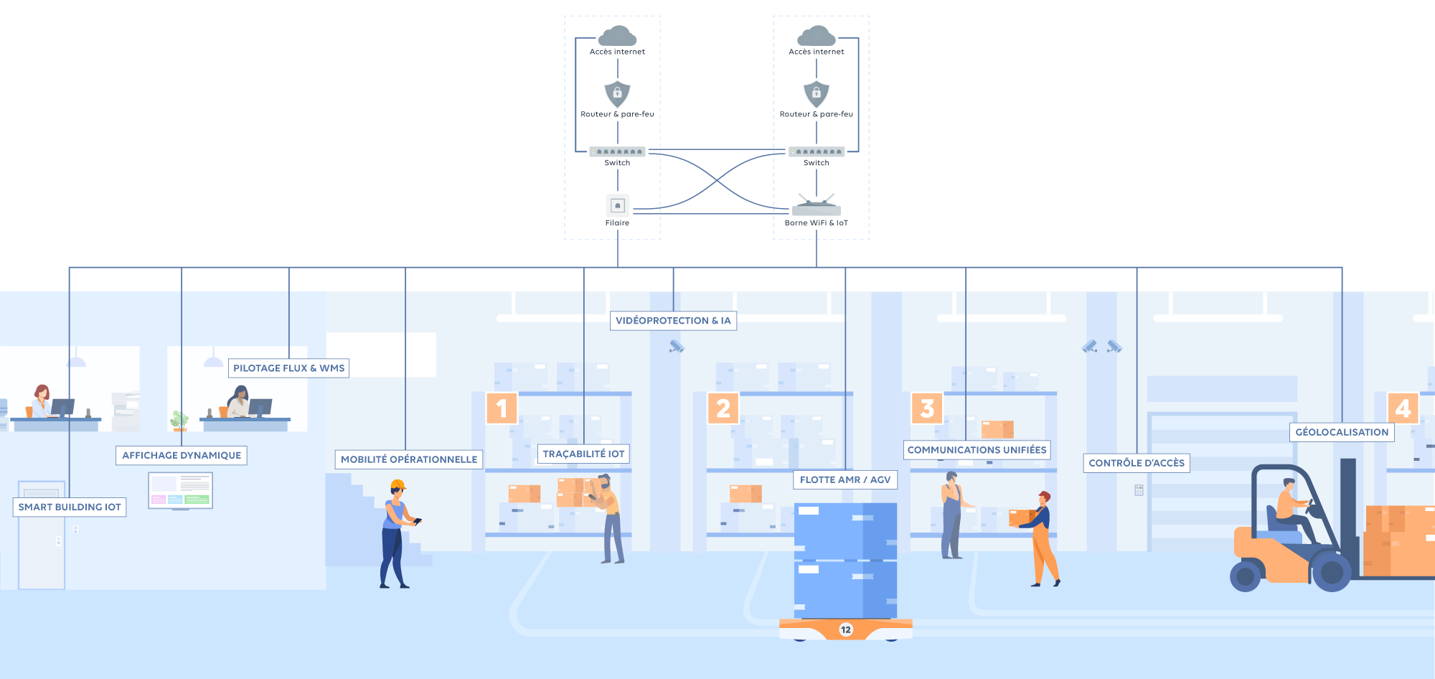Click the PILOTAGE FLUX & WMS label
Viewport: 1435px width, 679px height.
tap(289, 368)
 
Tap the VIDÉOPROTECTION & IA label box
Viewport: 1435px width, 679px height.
tap(673, 321)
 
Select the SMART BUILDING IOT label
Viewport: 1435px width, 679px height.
tap(70, 507)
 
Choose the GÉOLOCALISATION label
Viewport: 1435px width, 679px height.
tap(1342, 432)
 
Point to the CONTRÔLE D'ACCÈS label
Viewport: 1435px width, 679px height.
tap(1137, 463)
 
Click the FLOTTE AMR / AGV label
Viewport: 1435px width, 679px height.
tap(845, 479)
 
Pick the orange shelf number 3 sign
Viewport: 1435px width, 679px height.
tap(927, 408)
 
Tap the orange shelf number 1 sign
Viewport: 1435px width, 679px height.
tap(502, 408)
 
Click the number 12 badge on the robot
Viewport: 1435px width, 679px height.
tap(846, 629)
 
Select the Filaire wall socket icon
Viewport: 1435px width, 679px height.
tap(618, 205)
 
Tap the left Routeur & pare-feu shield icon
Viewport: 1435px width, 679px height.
tap(617, 93)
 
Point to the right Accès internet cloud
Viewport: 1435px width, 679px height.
tap(817, 36)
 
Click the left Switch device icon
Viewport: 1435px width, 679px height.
tap(618, 151)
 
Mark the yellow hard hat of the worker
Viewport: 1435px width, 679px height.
tap(398, 485)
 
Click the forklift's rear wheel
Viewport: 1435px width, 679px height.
tap(1246, 576)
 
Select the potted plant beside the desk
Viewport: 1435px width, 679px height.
tap(179, 421)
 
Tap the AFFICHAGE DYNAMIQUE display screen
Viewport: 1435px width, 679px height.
tap(181, 491)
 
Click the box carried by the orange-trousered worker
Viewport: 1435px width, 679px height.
tap(1022, 518)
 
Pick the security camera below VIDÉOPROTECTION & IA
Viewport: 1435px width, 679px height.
tap(677, 347)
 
